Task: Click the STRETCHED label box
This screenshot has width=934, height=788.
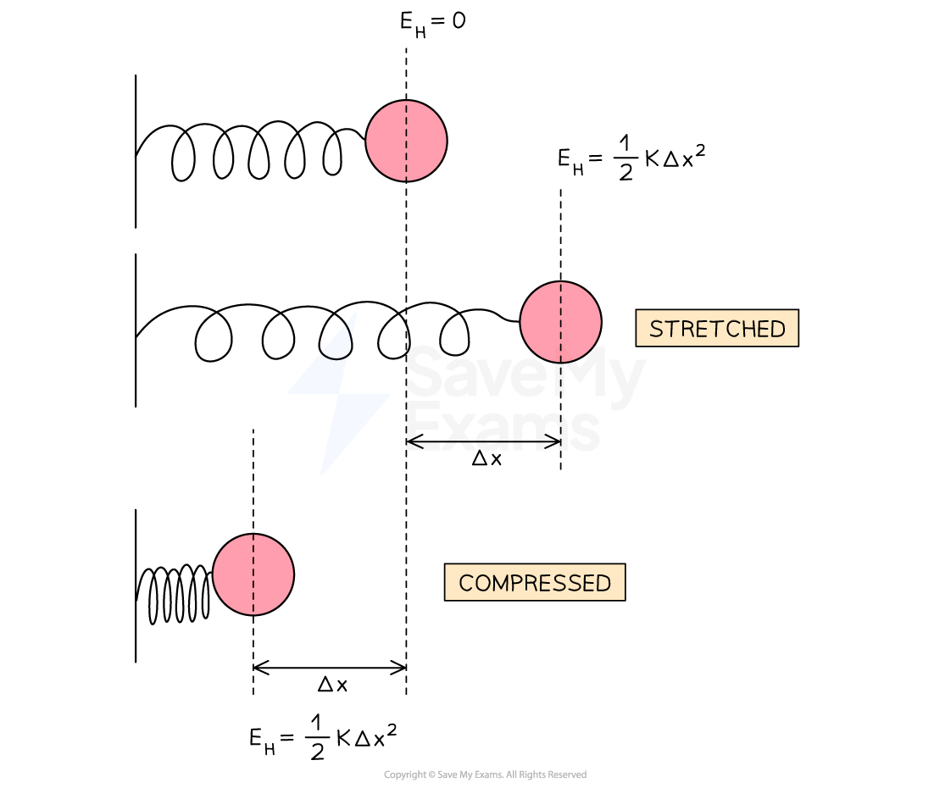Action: (717, 328)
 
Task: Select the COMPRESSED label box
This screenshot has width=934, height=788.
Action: (535, 582)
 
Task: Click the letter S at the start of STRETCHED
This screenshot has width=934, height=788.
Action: (655, 329)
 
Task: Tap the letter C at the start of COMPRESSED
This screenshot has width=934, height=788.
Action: (465, 583)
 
